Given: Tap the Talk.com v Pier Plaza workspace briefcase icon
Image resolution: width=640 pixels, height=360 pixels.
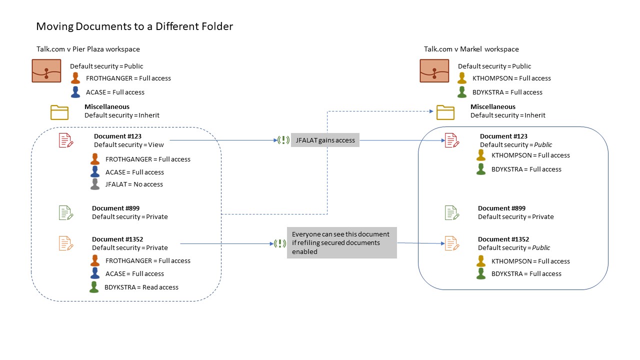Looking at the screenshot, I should click(x=46, y=71).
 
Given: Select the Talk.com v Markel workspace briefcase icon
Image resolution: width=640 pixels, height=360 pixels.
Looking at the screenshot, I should click(x=434, y=71).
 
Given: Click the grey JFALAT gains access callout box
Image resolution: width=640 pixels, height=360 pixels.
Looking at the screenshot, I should click(x=325, y=140).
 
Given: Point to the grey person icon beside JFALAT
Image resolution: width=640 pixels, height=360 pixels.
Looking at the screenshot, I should click(x=95, y=184).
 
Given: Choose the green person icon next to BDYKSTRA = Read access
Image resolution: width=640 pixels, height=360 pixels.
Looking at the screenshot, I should click(x=94, y=287).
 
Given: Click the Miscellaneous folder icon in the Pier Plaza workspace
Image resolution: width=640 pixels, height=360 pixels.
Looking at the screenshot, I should click(x=59, y=112).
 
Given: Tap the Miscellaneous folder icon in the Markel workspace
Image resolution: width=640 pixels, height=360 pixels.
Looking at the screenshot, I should click(x=445, y=112).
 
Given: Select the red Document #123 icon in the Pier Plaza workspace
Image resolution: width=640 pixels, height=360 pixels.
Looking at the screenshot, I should click(x=66, y=140).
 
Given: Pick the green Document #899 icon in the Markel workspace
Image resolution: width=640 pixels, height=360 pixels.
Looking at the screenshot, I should click(x=452, y=213).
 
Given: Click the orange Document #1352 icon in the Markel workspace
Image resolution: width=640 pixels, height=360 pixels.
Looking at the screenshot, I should click(x=452, y=243).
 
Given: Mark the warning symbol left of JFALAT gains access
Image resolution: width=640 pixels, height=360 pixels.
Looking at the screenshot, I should click(x=283, y=140).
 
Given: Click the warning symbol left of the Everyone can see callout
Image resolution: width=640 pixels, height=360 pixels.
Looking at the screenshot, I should click(x=279, y=243).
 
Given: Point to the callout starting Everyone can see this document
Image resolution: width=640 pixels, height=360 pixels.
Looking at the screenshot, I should click(x=341, y=243).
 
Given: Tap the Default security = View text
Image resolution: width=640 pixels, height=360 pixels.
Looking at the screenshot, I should click(x=129, y=145).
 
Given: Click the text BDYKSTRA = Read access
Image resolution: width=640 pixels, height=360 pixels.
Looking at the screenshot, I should click(x=141, y=287).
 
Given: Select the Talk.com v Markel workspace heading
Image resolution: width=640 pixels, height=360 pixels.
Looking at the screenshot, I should click(x=471, y=49).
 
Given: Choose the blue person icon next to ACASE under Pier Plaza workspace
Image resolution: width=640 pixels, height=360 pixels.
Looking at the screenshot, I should click(x=75, y=92).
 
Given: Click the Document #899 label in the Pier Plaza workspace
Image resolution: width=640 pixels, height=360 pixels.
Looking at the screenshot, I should click(x=115, y=208).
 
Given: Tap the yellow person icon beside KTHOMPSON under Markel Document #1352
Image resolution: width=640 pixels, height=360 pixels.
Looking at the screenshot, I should click(x=481, y=261).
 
